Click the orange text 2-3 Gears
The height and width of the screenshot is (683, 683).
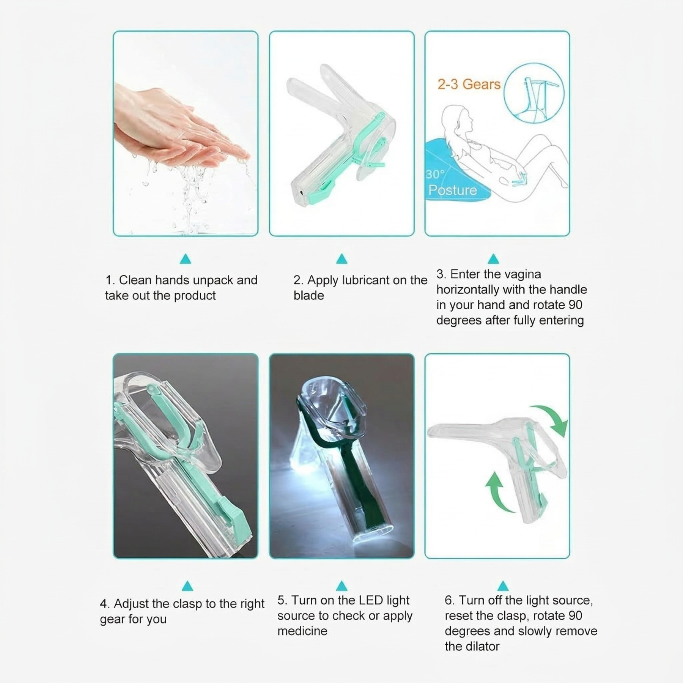point(469,84)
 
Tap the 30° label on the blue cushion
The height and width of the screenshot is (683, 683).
point(435,174)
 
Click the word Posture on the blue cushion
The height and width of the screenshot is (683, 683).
point(452,190)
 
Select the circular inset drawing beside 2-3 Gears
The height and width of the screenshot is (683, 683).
point(533,93)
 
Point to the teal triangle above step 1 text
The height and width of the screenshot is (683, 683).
point(186,260)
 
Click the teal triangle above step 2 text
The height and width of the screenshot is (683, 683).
point(342,259)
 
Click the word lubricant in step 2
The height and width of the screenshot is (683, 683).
point(366,280)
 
